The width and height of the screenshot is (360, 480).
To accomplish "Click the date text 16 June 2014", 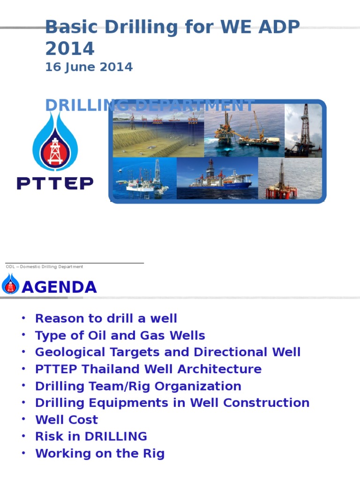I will [x=89, y=67].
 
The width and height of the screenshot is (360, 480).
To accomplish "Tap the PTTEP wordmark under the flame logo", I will [x=55, y=183].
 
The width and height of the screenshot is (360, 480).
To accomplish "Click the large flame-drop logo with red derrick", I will [x=55, y=141].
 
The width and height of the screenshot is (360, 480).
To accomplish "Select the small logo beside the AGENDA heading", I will [x=10, y=285].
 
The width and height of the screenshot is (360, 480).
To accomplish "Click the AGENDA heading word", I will [x=59, y=287].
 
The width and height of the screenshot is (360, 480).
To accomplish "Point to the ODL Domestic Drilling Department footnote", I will [x=45, y=267].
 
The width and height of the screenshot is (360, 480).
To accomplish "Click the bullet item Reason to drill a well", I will [x=106, y=319].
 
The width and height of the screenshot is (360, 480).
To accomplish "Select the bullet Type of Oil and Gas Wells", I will [x=120, y=336].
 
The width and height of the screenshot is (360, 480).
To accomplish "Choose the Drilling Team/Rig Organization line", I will [x=138, y=386].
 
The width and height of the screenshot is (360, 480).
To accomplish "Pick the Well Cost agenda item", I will [x=67, y=420].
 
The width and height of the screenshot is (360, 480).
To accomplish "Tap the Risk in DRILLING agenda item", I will [x=91, y=437].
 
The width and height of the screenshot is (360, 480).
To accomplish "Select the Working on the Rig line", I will [x=99, y=454].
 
